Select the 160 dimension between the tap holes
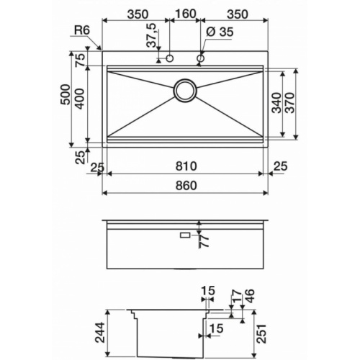pyautogui.click(x=186, y=14)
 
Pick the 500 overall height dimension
pyautogui.click(x=66, y=99)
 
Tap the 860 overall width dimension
pyautogui.click(x=185, y=186)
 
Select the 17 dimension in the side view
pyautogui.click(x=236, y=297)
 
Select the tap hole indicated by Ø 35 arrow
pyautogui.click(x=200, y=58)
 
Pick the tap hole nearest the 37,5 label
pyautogui.click(x=171, y=58)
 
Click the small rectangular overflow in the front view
pyautogui.click(x=184, y=235)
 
